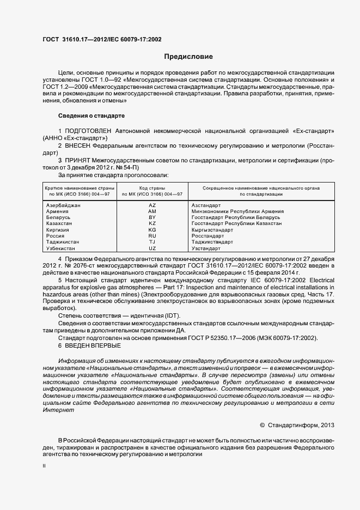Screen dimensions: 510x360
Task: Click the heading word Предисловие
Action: click(x=188, y=57)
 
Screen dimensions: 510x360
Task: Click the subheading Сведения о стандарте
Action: click(x=91, y=116)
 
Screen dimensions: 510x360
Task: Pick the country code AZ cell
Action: click(x=152, y=205)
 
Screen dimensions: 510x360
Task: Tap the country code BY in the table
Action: click(x=152, y=217)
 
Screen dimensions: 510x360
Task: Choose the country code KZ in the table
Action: click(x=152, y=223)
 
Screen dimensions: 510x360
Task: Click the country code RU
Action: click(x=152, y=236)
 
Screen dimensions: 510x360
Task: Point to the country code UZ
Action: click(x=152, y=248)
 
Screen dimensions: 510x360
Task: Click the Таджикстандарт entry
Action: click(x=212, y=242)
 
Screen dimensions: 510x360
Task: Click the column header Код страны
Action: click(x=152, y=188)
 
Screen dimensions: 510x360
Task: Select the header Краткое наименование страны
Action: click(x=72, y=188)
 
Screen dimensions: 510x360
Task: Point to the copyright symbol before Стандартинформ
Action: click(x=262, y=424)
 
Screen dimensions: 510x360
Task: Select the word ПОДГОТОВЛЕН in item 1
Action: click(x=88, y=131)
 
